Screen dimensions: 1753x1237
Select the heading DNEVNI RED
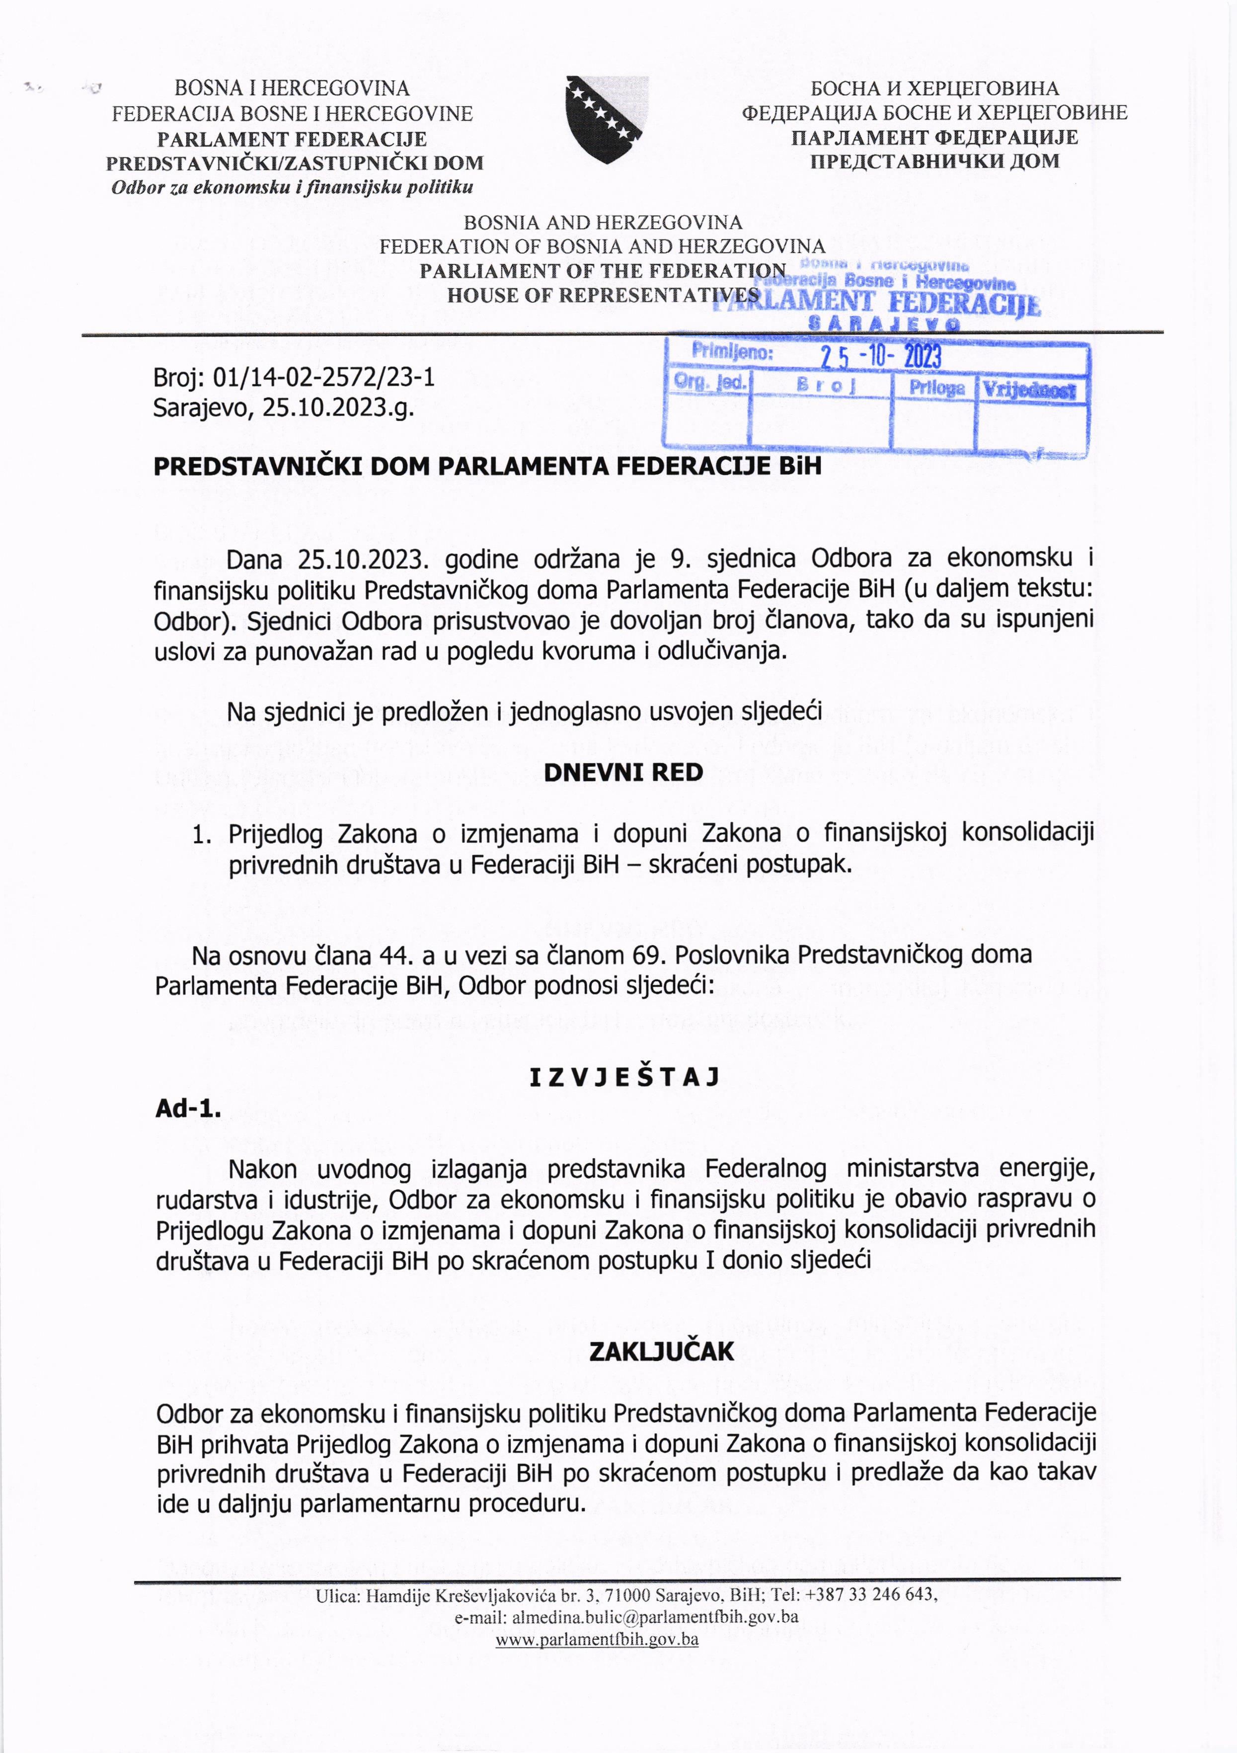tap(622, 773)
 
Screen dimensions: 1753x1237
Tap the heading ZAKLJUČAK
tap(661, 1352)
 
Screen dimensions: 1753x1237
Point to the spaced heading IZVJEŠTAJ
tap(624, 1077)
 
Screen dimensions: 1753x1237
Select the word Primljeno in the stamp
tap(731, 353)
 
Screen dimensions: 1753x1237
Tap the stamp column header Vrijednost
tap(1028, 390)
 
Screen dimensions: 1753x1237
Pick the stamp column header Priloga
tap(936, 389)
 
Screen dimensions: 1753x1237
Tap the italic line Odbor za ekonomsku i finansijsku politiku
tap(293, 187)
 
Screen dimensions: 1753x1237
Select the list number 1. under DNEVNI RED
tap(202, 834)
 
